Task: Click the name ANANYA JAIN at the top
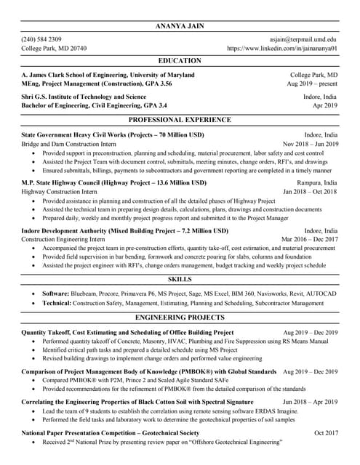coord(180,27)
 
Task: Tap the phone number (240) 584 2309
coord(41,39)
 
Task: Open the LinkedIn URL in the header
coord(282,48)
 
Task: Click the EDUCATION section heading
coord(180,60)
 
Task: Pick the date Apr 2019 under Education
coord(324,105)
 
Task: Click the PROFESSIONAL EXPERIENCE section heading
coord(180,118)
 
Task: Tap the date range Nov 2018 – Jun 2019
coord(311,144)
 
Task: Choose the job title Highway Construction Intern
coord(59,192)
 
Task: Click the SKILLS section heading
coord(180,279)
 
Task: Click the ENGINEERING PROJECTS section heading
coord(180,318)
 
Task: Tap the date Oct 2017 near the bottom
coord(326,432)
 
